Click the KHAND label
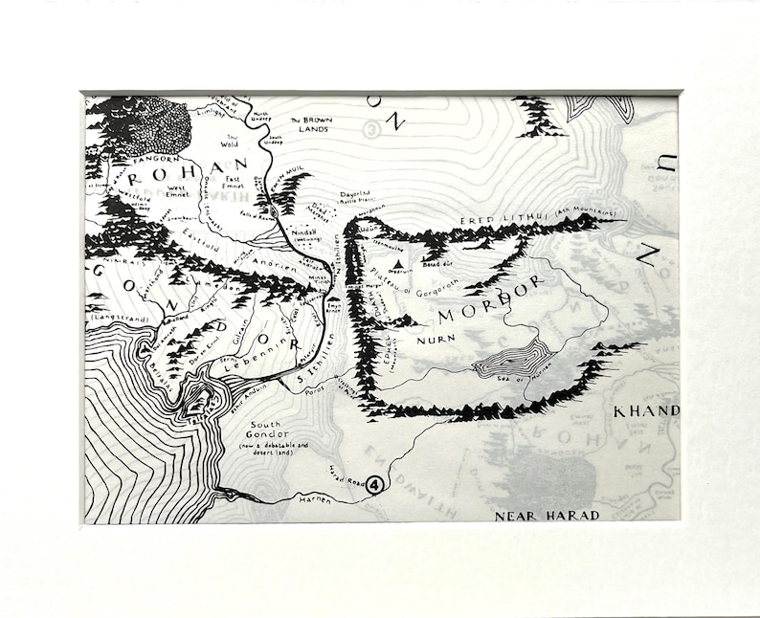click(x=646, y=410)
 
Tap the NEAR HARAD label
click(x=547, y=516)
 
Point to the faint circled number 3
click(x=371, y=128)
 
